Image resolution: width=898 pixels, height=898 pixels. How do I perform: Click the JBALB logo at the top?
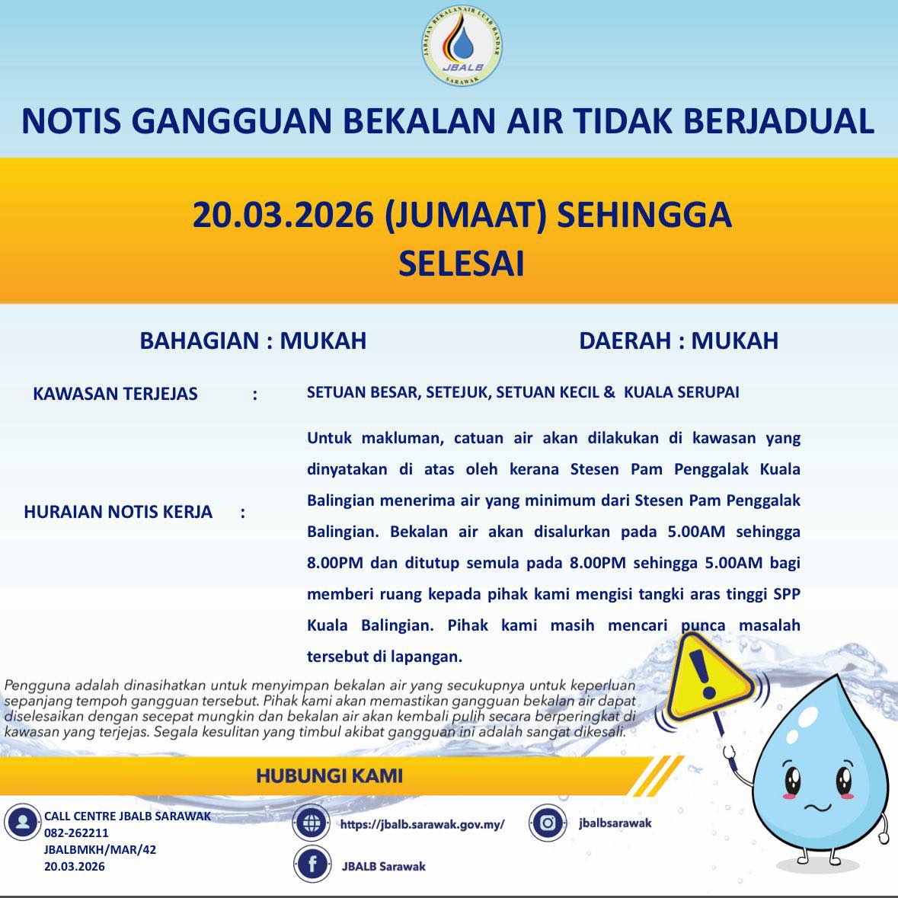click(x=462, y=48)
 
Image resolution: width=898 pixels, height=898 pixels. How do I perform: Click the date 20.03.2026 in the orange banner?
click(x=282, y=215)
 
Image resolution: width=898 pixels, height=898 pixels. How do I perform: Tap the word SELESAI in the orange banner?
click(x=462, y=264)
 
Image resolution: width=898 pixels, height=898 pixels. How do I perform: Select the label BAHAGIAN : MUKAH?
click(x=253, y=340)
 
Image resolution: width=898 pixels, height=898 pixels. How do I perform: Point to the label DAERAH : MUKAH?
click(x=679, y=340)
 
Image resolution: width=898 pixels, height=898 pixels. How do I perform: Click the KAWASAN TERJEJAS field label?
click(x=115, y=394)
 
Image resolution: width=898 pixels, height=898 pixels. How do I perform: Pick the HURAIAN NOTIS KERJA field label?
click(x=118, y=512)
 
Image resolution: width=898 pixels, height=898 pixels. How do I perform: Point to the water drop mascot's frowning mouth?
click(x=818, y=807)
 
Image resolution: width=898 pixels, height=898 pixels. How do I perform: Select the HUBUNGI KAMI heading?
click(x=329, y=776)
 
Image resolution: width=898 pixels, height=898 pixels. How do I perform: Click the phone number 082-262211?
click(x=76, y=833)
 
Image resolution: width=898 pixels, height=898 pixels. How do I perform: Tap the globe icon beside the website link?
click(x=312, y=823)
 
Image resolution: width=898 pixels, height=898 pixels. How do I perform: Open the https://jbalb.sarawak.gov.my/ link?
click(x=422, y=824)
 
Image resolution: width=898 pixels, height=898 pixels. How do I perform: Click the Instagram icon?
click(x=547, y=823)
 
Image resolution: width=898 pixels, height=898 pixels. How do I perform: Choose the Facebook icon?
click(x=312, y=865)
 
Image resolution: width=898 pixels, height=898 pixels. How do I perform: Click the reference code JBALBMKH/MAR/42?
click(x=100, y=850)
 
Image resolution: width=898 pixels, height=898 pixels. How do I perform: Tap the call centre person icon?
click(x=23, y=823)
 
